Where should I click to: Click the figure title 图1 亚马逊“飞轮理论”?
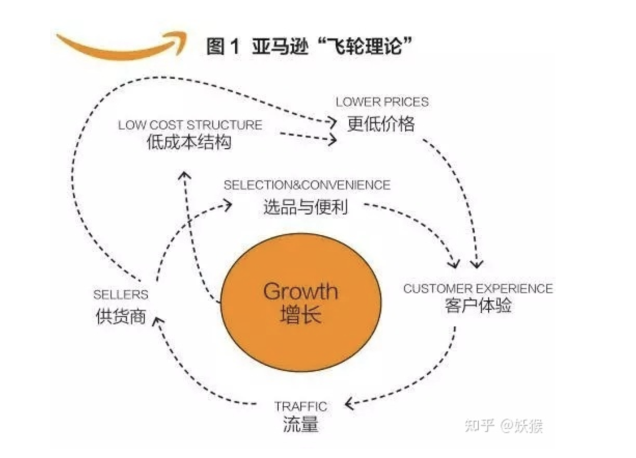pyautogui.click(x=309, y=46)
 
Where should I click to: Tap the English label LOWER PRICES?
pyautogui.click(x=382, y=102)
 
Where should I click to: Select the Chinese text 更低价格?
pyautogui.click(x=381, y=123)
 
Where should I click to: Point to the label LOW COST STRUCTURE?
pyautogui.click(x=190, y=125)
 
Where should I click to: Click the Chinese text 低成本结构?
pyautogui.click(x=189, y=142)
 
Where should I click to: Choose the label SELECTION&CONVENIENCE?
pyautogui.click(x=307, y=185)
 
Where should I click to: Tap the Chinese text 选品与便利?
pyautogui.click(x=306, y=207)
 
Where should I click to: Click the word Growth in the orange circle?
pyautogui.click(x=300, y=291)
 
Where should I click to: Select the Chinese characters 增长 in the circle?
pyautogui.click(x=300, y=315)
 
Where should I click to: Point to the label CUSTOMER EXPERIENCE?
pyautogui.click(x=478, y=289)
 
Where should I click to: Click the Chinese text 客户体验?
pyautogui.click(x=478, y=306)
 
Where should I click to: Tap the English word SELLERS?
pyautogui.click(x=121, y=295)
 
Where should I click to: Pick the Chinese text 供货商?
pyautogui.click(x=121, y=316)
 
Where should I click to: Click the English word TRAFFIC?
pyautogui.click(x=300, y=406)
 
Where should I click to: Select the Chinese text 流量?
pyautogui.click(x=300, y=424)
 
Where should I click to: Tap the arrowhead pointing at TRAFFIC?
pyautogui.click(x=349, y=404)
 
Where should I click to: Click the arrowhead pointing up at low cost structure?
pyautogui.click(x=185, y=176)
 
